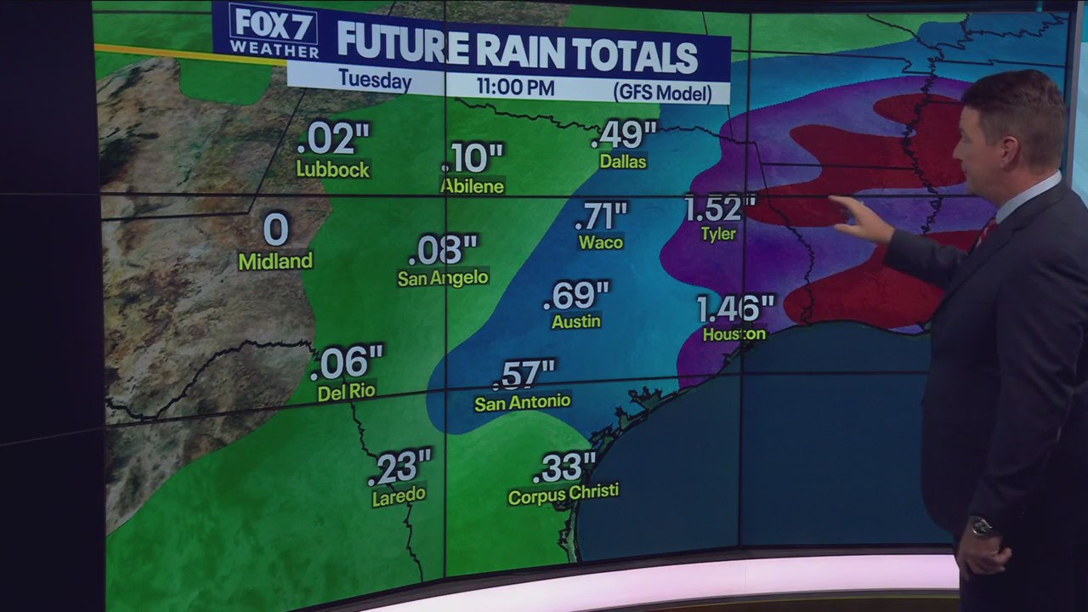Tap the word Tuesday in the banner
point(375,80)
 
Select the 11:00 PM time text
point(515,87)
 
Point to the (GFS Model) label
point(662,93)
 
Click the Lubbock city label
point(333,169)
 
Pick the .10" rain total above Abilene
point(473,157)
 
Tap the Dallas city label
point(623,161)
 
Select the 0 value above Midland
point(276,229)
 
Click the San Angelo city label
point(443,278)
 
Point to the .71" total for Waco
point(601,216)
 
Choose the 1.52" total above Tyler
point(719,207)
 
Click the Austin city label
point(576,321)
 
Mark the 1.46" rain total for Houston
point(735,309)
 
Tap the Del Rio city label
point(346,393)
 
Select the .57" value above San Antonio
point(525,374)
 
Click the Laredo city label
point(399,495)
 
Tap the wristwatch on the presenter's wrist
point(983,527)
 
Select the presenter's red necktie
point(987,230)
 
